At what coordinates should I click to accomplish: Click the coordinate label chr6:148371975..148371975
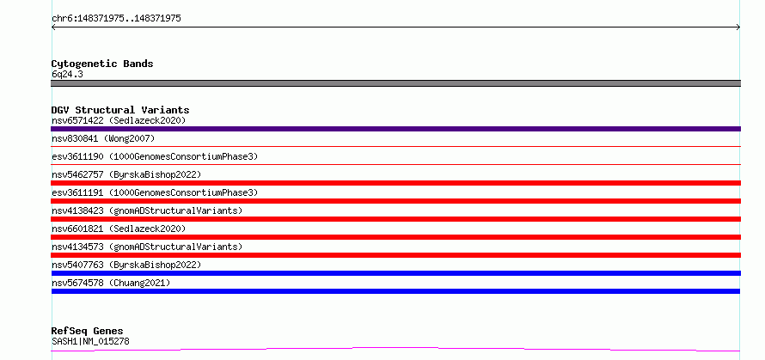coord(116,19)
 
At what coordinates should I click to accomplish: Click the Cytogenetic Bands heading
coord(102,64)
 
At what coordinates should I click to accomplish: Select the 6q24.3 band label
coord(67,75)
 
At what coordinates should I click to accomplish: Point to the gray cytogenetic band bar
coord(395,83)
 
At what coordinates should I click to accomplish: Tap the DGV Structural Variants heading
coord(120,110)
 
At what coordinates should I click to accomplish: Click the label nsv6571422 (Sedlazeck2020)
coord(119,120)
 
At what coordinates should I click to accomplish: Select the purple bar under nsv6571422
coord(395,129)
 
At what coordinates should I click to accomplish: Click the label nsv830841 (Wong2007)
coord(103,138)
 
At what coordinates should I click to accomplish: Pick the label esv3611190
coord(77,156)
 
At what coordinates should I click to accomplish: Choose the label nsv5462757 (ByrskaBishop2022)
coord(126,174)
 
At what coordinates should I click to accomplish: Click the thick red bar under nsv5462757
coord(395,183)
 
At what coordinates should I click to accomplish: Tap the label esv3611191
coord(77,192)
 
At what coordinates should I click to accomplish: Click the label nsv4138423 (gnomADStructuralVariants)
coord(147,211)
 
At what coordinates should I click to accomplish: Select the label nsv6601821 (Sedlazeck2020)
coord(119,229)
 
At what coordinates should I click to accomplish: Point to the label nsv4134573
coord(77,247)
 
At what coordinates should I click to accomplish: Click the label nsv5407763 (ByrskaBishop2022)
coord(126,265)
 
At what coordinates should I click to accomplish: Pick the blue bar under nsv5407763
coord(395,273)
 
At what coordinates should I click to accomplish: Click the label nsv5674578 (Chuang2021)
coord(111,283)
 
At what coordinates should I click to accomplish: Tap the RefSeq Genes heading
coord(87,332)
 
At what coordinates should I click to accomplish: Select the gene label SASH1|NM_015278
coord(90,341)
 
